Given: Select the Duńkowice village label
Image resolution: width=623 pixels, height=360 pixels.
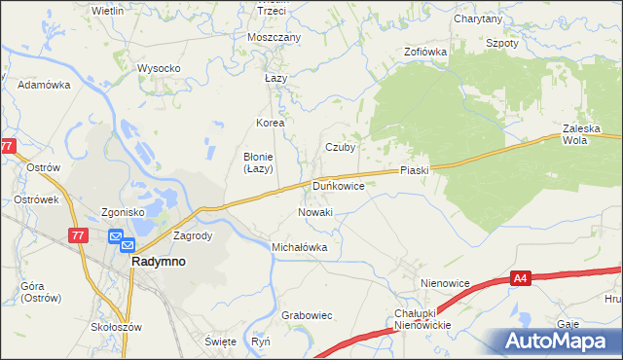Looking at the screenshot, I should [x=338, y=184].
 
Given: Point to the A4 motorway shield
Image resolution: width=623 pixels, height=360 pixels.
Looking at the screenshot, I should [x=522, y=279].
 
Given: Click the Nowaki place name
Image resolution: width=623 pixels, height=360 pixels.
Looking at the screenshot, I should [x=314, y=212].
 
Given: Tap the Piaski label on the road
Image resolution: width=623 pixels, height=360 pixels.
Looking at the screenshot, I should [x=414, y=170].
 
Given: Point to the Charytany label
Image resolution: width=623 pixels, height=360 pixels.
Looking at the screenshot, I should [x=478, y=18].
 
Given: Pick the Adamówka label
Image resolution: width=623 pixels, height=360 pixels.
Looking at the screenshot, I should [x=45, y=85].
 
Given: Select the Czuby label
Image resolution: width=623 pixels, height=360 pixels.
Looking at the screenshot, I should [x=340, y=148].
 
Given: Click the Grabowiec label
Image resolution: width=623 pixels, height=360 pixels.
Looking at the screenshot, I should [x=307, y=315].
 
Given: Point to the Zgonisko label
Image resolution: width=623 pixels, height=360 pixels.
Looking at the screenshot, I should [x=123, y=212].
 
